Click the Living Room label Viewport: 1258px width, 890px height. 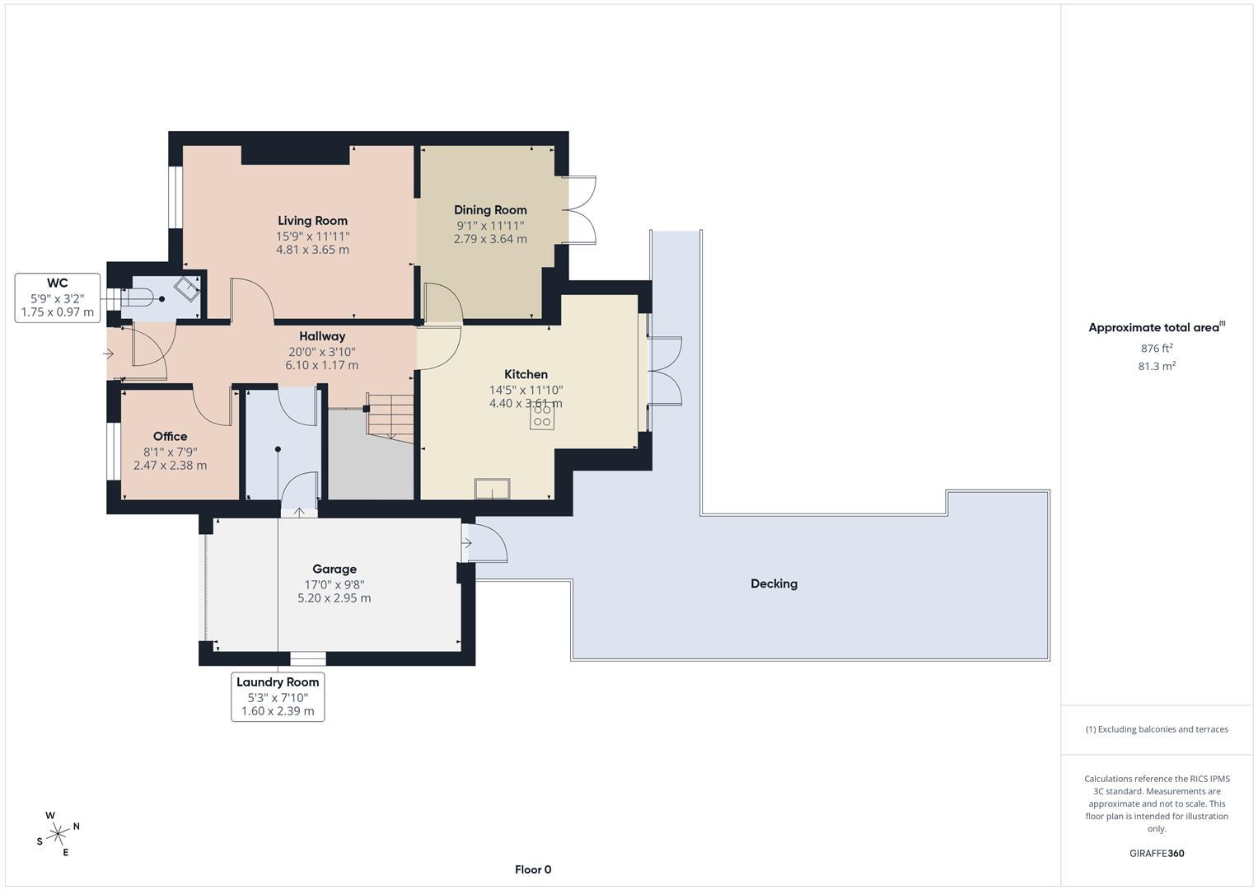point(312,221)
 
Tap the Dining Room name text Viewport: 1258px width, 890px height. point(490,210)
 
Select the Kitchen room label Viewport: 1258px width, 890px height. point(526,374)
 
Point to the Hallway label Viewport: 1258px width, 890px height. point(322,336)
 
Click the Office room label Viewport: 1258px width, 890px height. point(170,437)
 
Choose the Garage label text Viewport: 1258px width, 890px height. point(334,569)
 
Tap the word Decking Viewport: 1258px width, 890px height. point(774,583)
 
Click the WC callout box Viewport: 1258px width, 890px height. point(58,298)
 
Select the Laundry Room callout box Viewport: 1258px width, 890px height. point(278,697)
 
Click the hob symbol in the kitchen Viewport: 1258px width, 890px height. point(542,416)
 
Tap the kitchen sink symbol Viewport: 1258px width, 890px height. point(492,489)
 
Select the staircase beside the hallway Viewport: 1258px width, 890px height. point(390,416)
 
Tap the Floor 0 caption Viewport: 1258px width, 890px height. point(533,869)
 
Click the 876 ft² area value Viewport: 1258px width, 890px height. point(1156,349)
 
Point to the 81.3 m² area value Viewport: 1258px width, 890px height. point(1156,367)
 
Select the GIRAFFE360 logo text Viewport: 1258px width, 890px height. point(1156,854)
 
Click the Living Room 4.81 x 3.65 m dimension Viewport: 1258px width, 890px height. point(312,250)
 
